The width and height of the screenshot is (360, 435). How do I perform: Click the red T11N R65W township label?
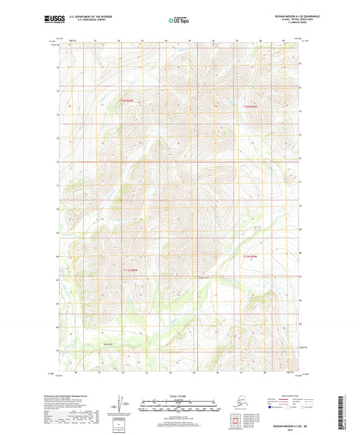[251, 257]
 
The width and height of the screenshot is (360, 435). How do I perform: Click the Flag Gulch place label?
[86, 343]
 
